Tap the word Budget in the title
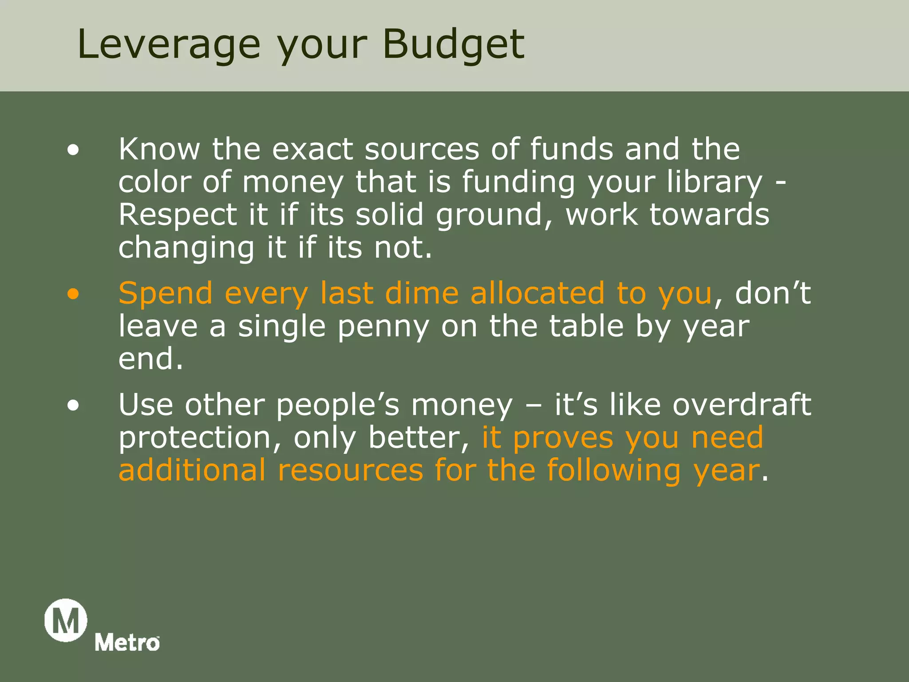click(x=453, y=44)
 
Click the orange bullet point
click(x=73, y=294)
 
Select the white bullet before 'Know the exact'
click(x=73, y=150)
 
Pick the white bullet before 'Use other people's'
click(x=73, y=405)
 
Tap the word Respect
click(x=178, y=215)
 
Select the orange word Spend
click(x=166, y=294)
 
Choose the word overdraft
click(x=742, y=404)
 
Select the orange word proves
click(x=563, y=438)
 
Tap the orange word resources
click(x=351, y=470)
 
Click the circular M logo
click(x=66, y=620)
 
